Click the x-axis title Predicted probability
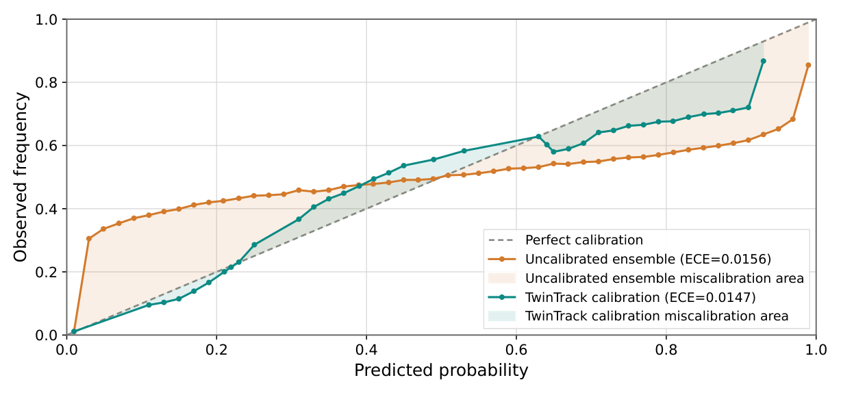(x=441, y=371)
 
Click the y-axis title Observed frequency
(x=21, y=177)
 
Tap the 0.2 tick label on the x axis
(x=216, y=348)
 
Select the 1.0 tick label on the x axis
(x=815, y=348)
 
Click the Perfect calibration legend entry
(x=583, y=240)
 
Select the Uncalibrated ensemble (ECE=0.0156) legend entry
(x=648, y=259)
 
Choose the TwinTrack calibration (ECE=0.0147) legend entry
(x=640, y=297)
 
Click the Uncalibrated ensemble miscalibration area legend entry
(x=664, y=279)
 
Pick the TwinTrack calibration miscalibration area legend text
(x=657, y=316)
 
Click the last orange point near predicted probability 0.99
(x=808, y=65)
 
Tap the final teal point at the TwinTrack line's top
(x=763, y=61)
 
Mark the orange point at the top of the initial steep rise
(x=89, y=239)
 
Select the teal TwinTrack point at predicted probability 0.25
(x=254, y=244)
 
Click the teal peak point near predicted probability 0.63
(x=538, y=137)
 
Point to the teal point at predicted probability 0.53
(x=464, y=151)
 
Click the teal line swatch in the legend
(x=502, y=297)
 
